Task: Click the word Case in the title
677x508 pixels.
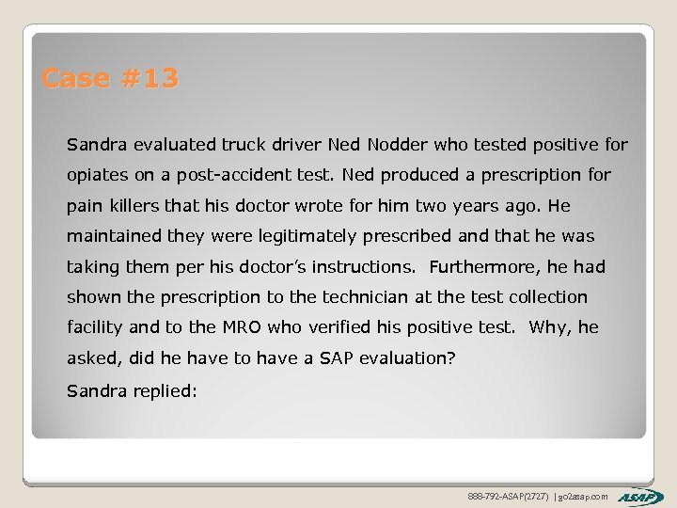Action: pos(76,78)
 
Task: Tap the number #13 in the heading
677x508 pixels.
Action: pos(149,78)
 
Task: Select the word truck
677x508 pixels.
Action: pos(244,145)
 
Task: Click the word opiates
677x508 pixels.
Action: pos(98,175)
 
